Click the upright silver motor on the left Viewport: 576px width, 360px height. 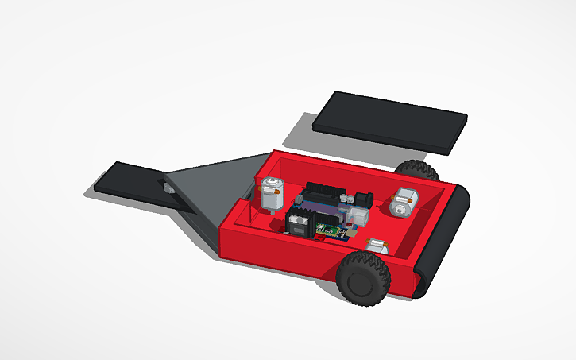tap(272, 194)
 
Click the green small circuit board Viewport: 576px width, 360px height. tap(331, 230)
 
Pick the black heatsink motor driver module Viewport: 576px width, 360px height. tap(300, 223)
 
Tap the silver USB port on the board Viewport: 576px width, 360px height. tap(359, 215)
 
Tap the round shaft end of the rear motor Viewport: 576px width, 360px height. tap(397, 207)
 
